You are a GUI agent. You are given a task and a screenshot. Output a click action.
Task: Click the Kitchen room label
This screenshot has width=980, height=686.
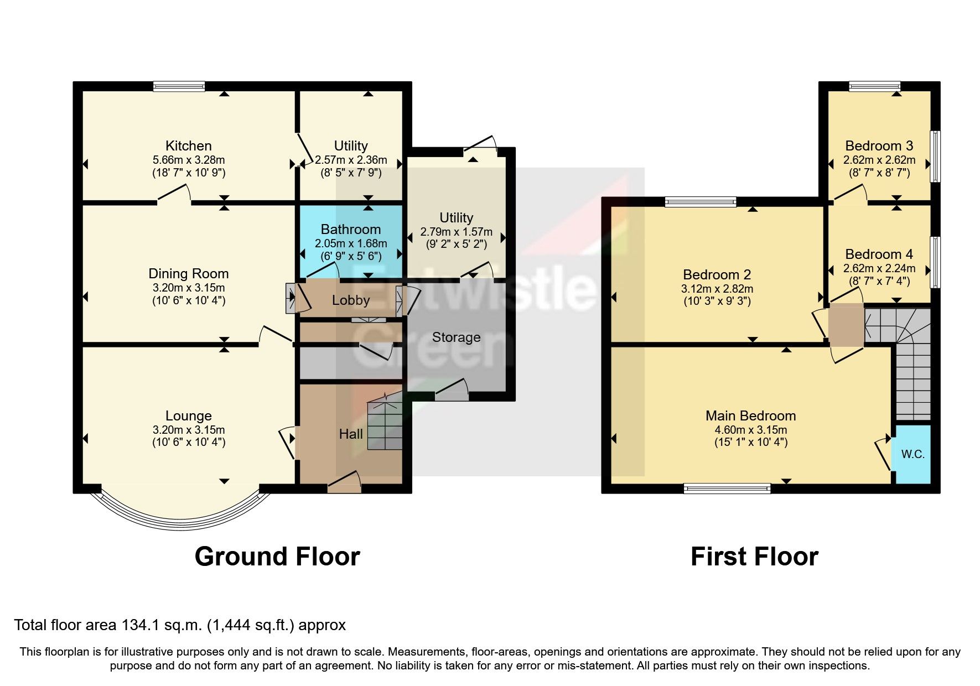(188, 146)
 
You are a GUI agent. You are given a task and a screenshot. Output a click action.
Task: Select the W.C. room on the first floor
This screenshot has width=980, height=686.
(912, 454)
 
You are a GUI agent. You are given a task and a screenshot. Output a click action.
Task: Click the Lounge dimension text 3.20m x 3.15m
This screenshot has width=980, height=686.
(188, 430)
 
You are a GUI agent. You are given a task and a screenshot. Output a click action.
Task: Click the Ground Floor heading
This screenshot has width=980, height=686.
(277, 557)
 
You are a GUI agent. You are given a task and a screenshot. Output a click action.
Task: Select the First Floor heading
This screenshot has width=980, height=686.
(754, 557)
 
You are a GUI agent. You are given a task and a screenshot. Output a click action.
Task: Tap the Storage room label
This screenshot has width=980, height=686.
(456, 337)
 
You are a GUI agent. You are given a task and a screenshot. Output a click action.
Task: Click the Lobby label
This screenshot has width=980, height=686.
(351, 300)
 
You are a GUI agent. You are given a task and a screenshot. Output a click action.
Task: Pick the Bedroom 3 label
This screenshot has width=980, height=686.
(879, 146)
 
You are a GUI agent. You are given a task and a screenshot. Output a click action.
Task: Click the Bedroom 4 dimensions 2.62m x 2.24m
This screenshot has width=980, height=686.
(879, 268)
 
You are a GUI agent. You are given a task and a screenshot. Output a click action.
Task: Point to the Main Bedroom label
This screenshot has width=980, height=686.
(750, 415)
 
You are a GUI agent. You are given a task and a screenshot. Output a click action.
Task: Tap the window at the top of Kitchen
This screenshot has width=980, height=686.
(179, 86)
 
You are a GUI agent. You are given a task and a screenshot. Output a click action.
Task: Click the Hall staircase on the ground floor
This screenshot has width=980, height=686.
(385, 423)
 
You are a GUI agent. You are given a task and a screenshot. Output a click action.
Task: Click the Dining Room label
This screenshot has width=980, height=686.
(188, 274)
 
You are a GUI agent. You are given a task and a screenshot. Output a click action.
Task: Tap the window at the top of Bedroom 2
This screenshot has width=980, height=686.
(701, 202)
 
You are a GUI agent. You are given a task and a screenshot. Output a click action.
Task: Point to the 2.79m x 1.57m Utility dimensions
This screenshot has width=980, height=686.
(456, 232)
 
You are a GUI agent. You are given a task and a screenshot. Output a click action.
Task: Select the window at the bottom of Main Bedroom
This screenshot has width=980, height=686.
(727, 488)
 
